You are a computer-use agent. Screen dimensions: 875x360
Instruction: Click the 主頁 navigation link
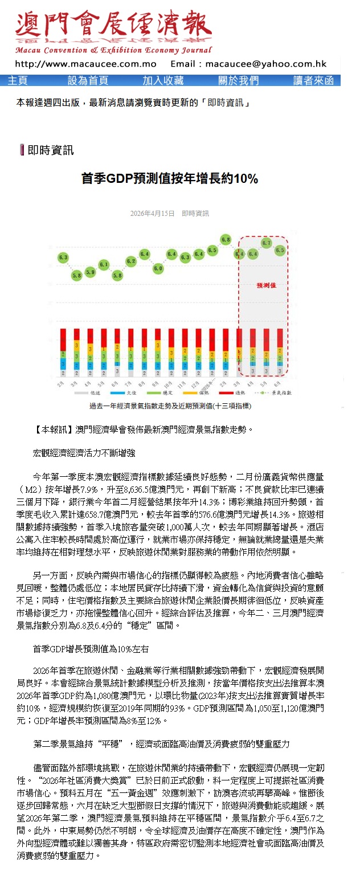pyautogui.click(x=18, y=80)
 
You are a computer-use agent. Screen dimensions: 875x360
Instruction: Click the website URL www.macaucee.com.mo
pyautogui.click(x=85, y=64)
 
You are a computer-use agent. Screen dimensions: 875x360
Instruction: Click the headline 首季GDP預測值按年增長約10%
pyautogui.click(x=169, y=179)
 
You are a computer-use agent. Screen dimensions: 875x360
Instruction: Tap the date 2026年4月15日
pyautogui.click(x=152, y=214)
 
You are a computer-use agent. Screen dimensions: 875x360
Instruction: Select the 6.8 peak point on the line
pyautogui.click(x=226, y=239)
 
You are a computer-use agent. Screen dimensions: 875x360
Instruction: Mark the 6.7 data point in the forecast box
pyautogui.click(x=266, y=243)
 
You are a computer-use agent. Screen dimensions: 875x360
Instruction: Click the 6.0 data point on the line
pyautogui.click(x=158, y=268)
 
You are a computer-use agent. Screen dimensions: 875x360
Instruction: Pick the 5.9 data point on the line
pyautogui.click(x=90, y=272)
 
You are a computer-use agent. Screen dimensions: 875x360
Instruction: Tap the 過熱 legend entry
pyautogui.click(x=233, y=393)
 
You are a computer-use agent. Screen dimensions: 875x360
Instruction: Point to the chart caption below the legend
pyautogui.click(x=170, y=406)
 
